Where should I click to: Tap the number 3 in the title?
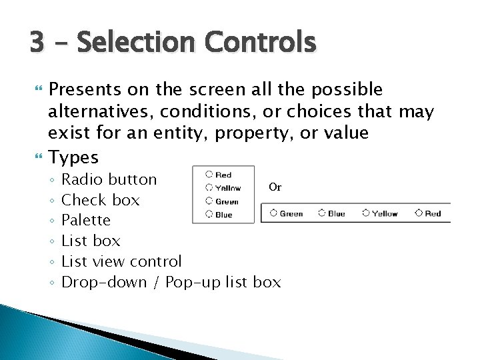coord(37,42)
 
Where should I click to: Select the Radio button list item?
coord(109,179)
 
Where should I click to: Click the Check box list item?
coord(100,200)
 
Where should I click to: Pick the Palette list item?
coord(86,220)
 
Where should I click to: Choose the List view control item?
coord(121,261)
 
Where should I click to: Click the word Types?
coord(74,157)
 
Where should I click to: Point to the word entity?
coord(176,132)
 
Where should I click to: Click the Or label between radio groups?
coord(275,187)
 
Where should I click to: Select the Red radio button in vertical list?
coord(209,175)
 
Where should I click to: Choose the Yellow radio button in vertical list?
coord(209,188)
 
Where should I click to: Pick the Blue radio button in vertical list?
coord(209,214)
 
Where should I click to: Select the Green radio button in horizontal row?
coord(273,213)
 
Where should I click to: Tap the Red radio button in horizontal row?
coord(419,213)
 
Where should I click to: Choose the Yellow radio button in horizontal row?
coord(365,213)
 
